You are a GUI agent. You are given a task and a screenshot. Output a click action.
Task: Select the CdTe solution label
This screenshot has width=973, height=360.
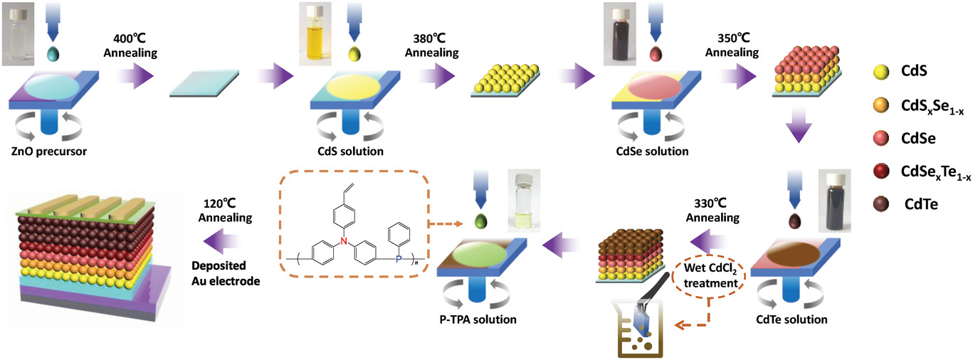click(x=791, y=319)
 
